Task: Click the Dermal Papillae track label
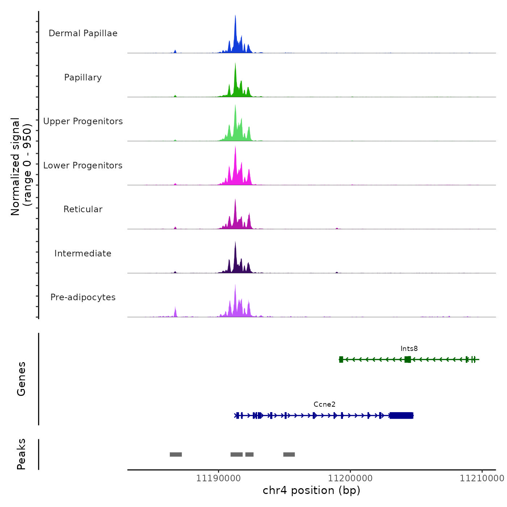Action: coord(83,33)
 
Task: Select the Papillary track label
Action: coord(83,77)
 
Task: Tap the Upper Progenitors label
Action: coord(83,121)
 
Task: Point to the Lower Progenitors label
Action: coord(83,165)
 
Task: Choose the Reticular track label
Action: coord(83,209)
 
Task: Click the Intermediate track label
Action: coord(83,253)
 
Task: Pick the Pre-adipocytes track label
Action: coord(83,297)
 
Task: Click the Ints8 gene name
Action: coord(409,349)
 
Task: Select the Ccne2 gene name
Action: coord(324,405)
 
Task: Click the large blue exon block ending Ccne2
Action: coord(401,415)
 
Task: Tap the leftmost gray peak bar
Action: coord(176,454)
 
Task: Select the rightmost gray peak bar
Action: coord(289,454)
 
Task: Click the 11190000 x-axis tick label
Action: coord(218,478)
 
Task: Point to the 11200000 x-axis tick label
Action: coord(350,478)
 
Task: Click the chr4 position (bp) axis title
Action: coord(311,490)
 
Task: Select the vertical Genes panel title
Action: coord(21,379)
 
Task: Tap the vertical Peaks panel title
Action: coord(21,454)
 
